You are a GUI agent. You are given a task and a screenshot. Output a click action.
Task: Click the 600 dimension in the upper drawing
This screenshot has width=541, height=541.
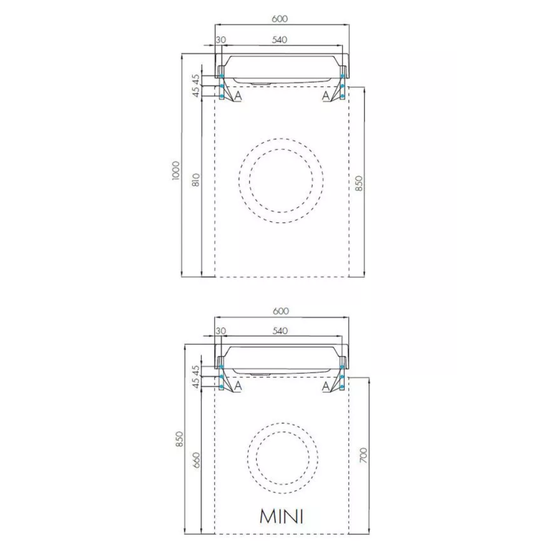(x=279, y=18)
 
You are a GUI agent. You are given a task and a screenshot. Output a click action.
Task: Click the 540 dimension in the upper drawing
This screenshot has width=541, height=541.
(x=279, y=39)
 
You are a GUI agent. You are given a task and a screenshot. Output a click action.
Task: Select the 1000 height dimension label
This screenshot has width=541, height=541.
(x=176, y=170)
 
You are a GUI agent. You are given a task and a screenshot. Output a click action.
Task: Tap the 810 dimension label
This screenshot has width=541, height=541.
(x=196, y=180)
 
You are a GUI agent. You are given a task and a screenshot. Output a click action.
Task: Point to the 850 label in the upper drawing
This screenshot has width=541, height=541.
(x=359, y=183)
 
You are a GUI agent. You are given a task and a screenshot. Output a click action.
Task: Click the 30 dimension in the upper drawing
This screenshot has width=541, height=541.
(x=221, y=39)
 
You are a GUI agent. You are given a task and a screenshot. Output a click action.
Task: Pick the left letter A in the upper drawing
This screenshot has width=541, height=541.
(x=238, y=96)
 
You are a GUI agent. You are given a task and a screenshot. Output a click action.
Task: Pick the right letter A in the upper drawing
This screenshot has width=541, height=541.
(x=326, y=96)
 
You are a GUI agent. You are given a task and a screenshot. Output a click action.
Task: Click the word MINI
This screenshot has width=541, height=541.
(x=282, y=517)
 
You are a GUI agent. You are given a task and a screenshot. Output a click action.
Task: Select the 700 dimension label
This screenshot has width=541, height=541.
(x=363, y=456)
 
